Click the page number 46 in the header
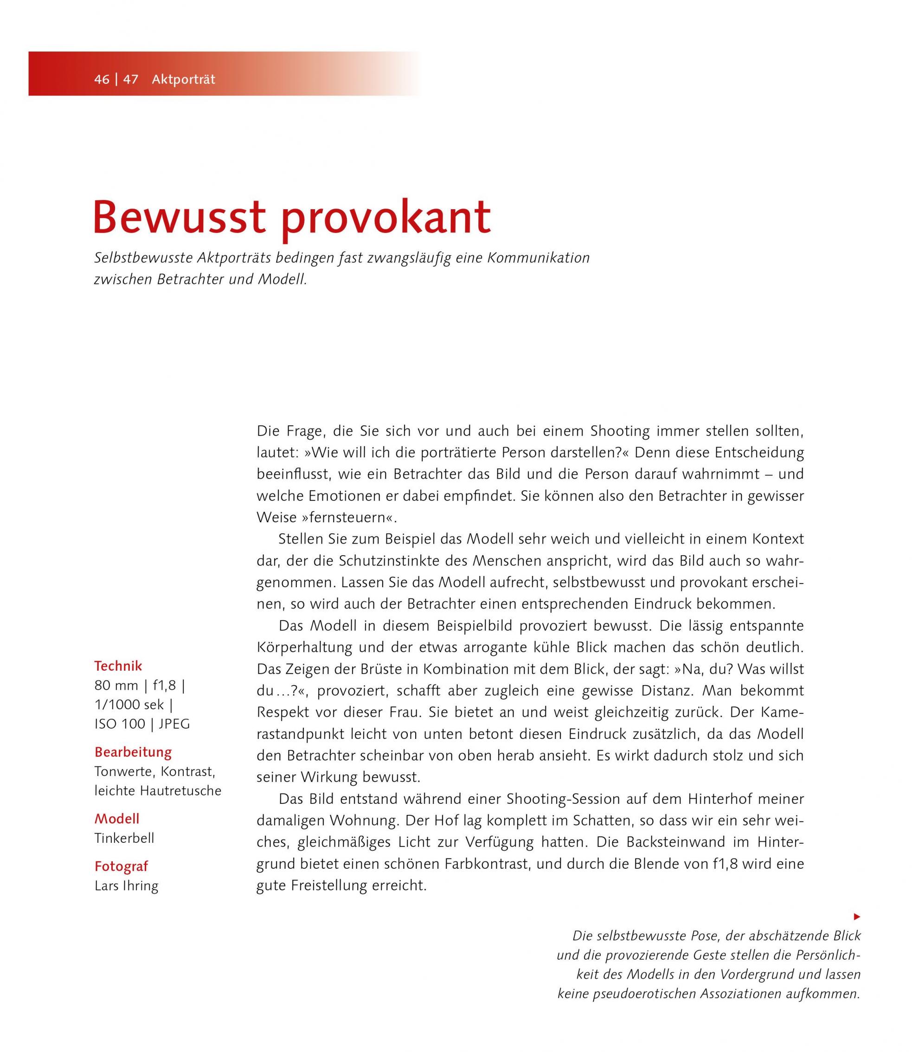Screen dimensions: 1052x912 [102, 80]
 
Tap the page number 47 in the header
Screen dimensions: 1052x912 [130, 80]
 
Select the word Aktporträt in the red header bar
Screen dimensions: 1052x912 [183, 80]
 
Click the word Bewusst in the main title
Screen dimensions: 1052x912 [180, 218]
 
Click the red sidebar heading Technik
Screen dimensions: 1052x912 [118, 666]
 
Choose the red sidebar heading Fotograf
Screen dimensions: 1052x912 [121, 866]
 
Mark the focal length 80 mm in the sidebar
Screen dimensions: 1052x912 [116, 686]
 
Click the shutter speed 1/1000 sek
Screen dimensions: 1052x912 [129, 706]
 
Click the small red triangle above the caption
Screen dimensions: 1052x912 [857, 917]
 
